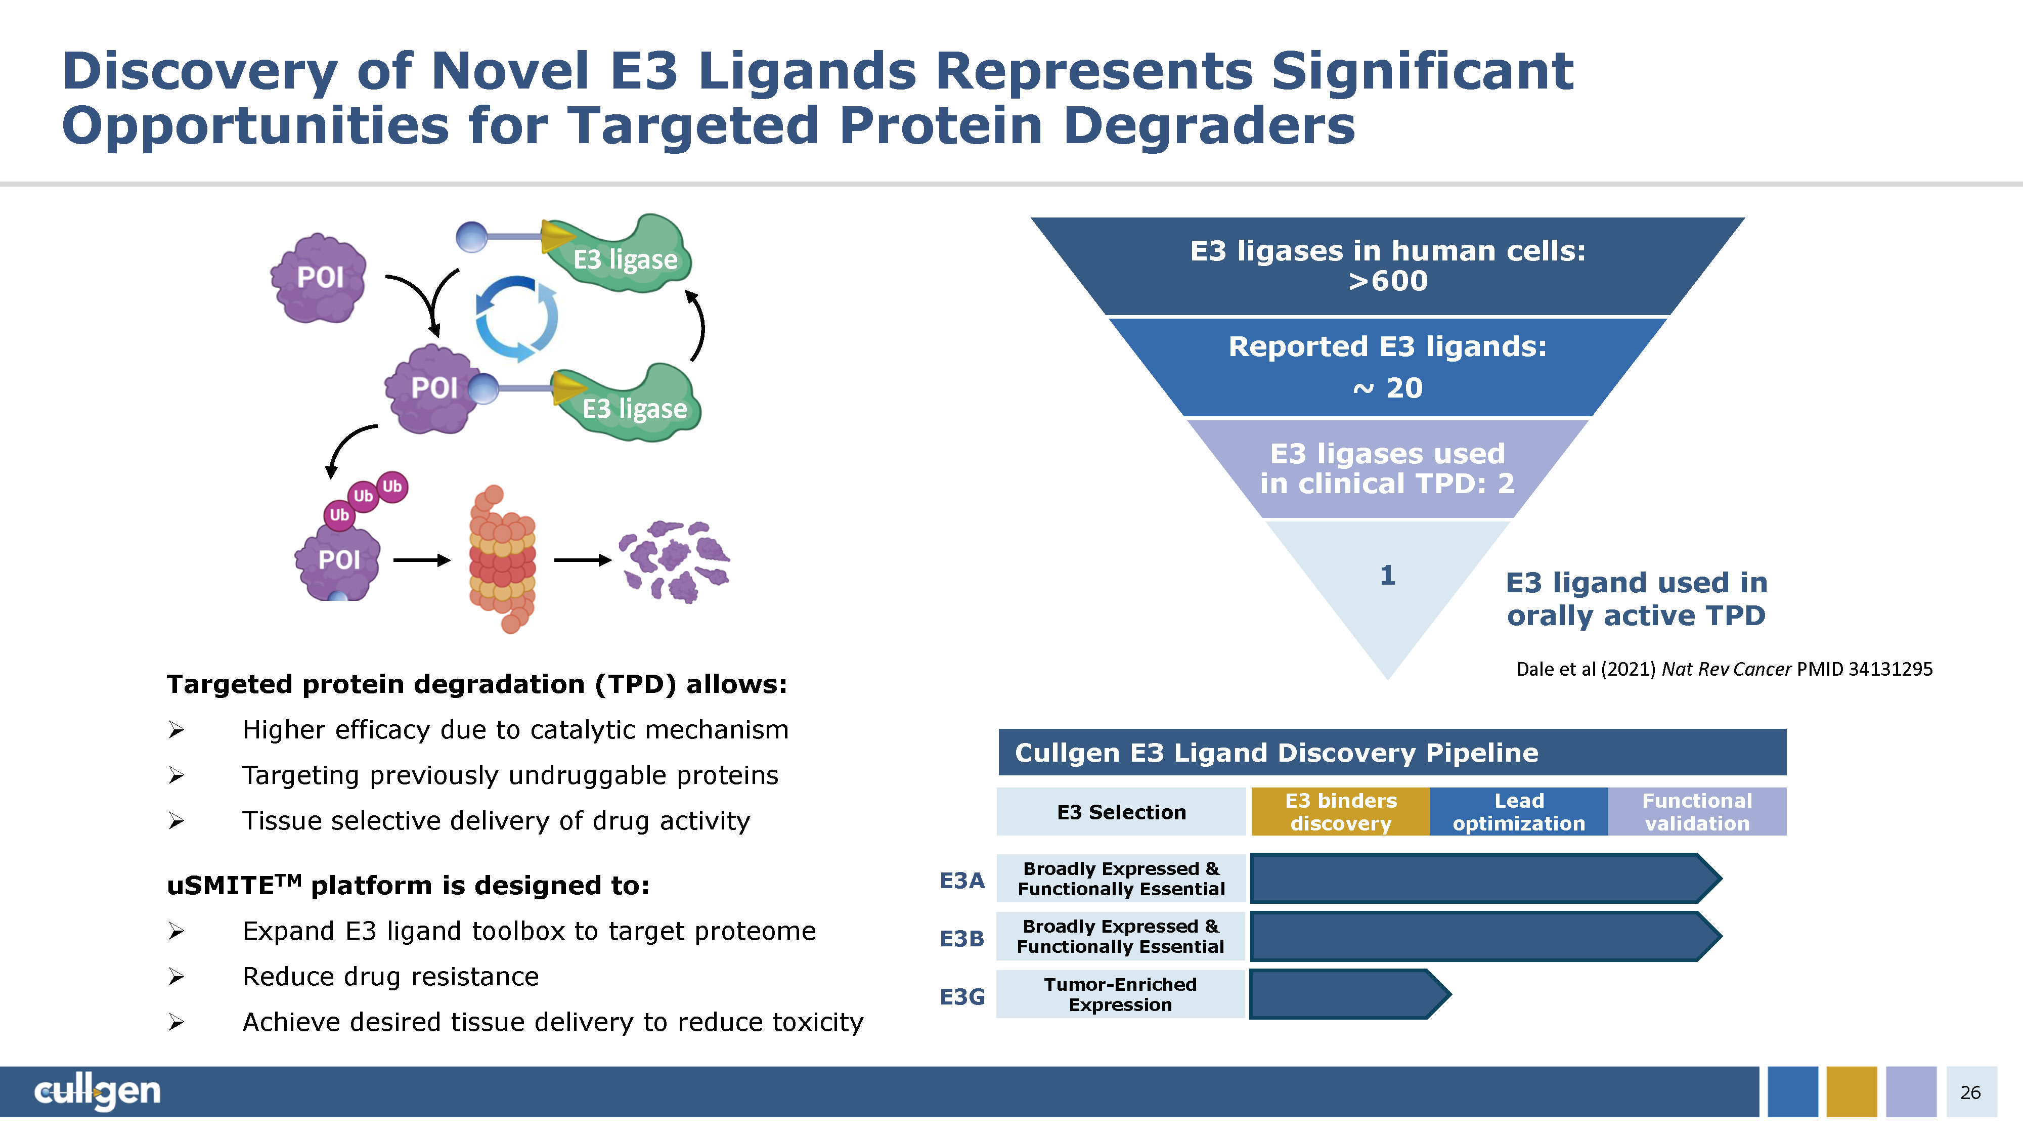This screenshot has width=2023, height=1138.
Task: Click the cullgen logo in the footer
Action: [x=98, y=1091]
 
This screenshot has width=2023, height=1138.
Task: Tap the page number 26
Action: [x=1970, y=1092]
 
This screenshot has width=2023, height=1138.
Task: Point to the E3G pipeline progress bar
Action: [x=1350, y=994]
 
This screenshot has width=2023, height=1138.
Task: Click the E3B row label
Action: [x=961, y=939]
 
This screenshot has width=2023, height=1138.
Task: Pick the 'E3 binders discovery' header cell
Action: [x=1341, y=811]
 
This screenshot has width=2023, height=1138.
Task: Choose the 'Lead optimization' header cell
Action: [x=1519, y=811]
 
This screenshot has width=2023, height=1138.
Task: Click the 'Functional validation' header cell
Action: [x=1697, y=811]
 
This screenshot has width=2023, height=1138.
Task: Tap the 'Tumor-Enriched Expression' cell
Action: [x=1121, y=994]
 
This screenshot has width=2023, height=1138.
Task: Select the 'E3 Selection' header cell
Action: [x=1121, y=811]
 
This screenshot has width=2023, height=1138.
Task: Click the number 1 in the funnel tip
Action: [x=1388, y=576]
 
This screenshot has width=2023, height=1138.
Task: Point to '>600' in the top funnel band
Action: [x=1388, y=280]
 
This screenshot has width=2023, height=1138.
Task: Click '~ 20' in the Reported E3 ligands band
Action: [x=1388, y=388]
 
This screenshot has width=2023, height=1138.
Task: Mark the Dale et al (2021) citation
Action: [x=1724, y=669]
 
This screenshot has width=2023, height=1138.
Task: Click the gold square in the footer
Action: [x=1852, y=1091]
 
